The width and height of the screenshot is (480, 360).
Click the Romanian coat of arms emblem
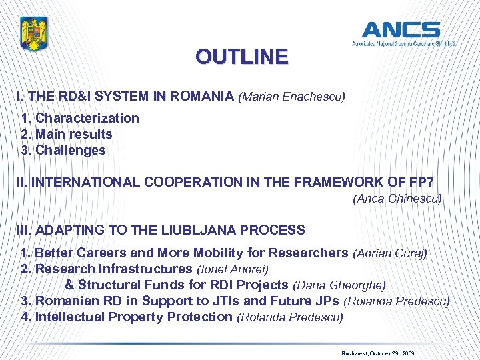[34, 33]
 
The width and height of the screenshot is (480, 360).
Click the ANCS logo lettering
[401, 29]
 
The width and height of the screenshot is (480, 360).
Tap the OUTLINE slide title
[242, 57]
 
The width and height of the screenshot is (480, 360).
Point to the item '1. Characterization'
[80, 118]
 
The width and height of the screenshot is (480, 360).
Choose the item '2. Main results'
[67, 134]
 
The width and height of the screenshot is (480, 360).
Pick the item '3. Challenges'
[63, 150]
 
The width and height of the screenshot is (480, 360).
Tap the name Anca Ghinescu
[397, 198]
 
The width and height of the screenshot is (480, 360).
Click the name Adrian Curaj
[390, 253]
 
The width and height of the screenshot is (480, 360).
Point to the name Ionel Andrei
[233, 269]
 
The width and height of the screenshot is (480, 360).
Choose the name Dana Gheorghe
[339, 285]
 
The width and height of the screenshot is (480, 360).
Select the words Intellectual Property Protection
[134, 317]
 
